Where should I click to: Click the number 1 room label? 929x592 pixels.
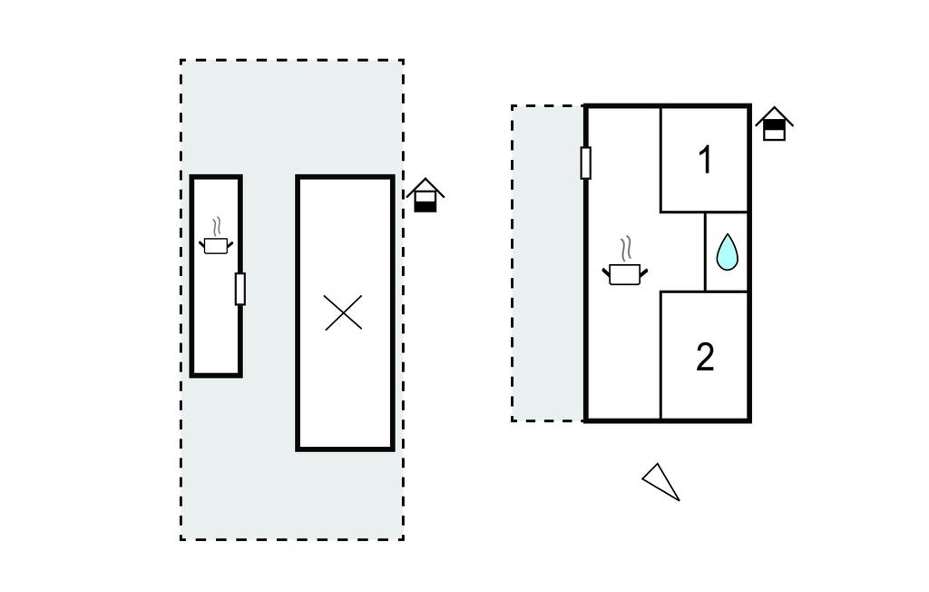click(x=705, y=160)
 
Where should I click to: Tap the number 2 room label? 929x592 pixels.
click(x=705, y=357)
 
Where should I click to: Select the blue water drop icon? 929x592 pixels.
click(x=727, y=252)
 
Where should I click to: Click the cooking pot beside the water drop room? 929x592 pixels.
click(x=625, y=274)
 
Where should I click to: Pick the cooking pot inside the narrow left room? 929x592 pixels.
click(x=216, y=245)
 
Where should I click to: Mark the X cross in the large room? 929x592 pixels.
click(x=343, y=312)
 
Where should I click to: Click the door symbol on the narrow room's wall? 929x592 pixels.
click(x=240, y=289)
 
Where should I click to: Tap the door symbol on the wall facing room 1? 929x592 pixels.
click(x=585, y=163)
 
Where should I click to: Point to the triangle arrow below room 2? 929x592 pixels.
click(x=660, y=481)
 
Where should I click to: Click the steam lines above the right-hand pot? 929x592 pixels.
click(x=626, y=249)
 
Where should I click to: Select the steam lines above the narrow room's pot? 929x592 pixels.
click(x=218, y=227)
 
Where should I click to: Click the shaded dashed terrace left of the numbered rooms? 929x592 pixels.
click(x=548, y=263)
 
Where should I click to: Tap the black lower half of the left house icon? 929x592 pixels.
click(x=425, y=205)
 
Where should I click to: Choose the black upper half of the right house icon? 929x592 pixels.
click(x=774, y=124)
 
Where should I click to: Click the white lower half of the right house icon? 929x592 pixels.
click(x=774, y=134)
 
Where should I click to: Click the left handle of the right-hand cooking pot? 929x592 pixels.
click(x=606, y=273)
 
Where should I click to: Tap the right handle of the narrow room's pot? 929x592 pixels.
click(x=230, y=244)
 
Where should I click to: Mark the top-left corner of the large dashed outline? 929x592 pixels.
click(x=181, y=60)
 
